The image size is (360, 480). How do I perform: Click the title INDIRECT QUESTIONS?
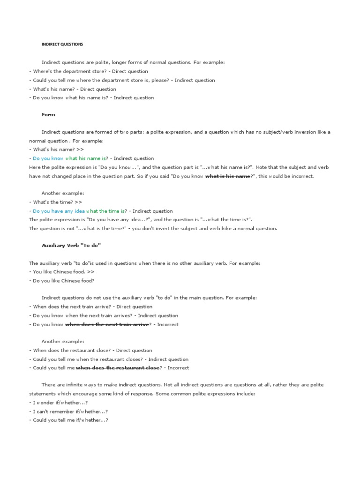point(62,44)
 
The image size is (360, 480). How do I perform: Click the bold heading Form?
point(48,115)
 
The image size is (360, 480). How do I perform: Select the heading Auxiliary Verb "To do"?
point(71,246)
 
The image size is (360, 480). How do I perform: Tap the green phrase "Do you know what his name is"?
point(70,158)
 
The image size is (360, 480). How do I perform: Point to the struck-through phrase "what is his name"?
point(227,176)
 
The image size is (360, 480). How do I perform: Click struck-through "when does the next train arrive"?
point(107,324)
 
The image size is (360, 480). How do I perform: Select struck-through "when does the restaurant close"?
point(118,368)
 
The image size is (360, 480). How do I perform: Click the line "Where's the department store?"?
point(64,71)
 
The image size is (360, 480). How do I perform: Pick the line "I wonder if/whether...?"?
point(59,403)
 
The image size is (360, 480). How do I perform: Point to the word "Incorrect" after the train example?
point(168,324)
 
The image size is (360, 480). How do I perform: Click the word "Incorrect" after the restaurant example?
point(178,368)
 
